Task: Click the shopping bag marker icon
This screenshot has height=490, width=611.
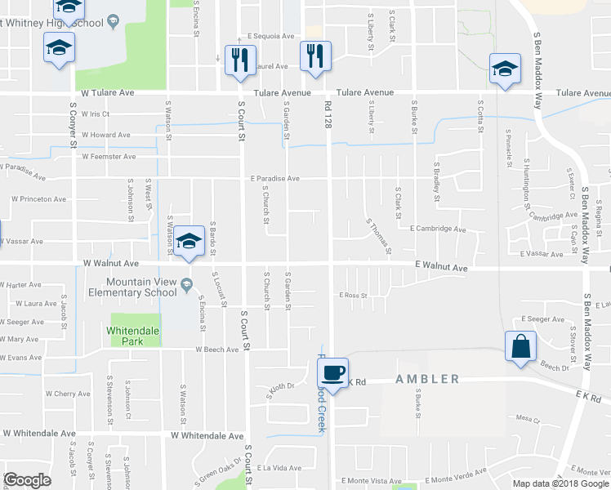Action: pos(520,346)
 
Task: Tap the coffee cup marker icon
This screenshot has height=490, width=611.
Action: pos(332,373)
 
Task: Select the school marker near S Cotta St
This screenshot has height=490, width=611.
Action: pos(505,69)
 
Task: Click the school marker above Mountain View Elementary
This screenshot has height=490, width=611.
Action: pos(189,241)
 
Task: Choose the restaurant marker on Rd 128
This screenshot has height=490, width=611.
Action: pos(315,56)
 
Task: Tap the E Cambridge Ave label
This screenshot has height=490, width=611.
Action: pos(438,229)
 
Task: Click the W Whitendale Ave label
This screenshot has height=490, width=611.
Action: pos(207,436)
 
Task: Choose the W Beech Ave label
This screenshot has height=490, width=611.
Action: pos(216,350)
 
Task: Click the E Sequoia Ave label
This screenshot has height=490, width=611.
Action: pos(271,37)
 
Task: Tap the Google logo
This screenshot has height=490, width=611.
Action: pos(28,480)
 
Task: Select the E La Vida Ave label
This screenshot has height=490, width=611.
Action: pos(279,468)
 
